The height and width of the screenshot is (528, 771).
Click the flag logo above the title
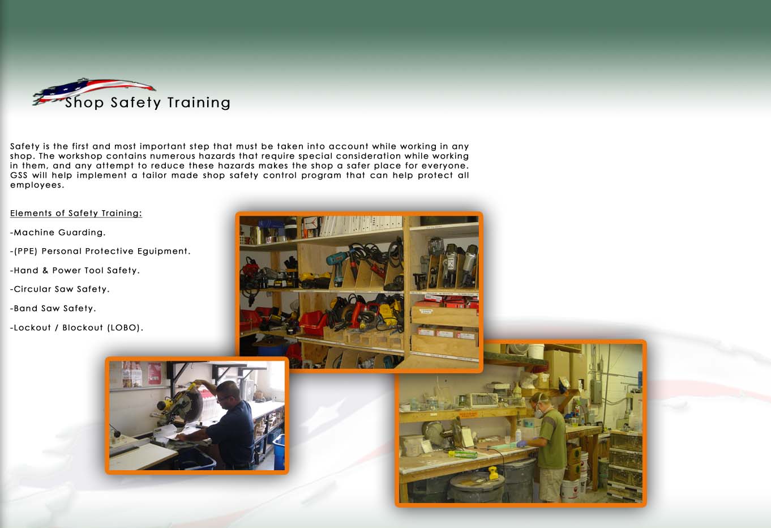(93, 90)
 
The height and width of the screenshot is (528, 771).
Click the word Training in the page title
(199, 103)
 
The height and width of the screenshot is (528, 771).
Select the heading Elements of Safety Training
(76, 213)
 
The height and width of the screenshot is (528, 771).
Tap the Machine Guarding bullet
(58, 232)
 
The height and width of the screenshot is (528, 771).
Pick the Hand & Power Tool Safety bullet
(75, 270)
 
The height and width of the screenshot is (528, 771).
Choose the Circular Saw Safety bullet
(60, 289)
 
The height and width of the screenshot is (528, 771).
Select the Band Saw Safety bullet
(53, 308)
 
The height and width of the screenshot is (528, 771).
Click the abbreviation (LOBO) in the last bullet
(124, 327)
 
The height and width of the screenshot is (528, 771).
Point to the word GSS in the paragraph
(19, 175)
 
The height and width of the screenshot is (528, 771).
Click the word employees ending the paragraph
(37, 185)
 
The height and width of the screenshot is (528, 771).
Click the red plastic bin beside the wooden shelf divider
(313, 323)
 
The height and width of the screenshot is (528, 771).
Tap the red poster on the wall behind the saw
(154, 373)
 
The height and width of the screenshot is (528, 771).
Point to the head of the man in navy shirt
(229, 394)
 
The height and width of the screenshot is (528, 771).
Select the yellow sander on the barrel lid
(494, 473)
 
